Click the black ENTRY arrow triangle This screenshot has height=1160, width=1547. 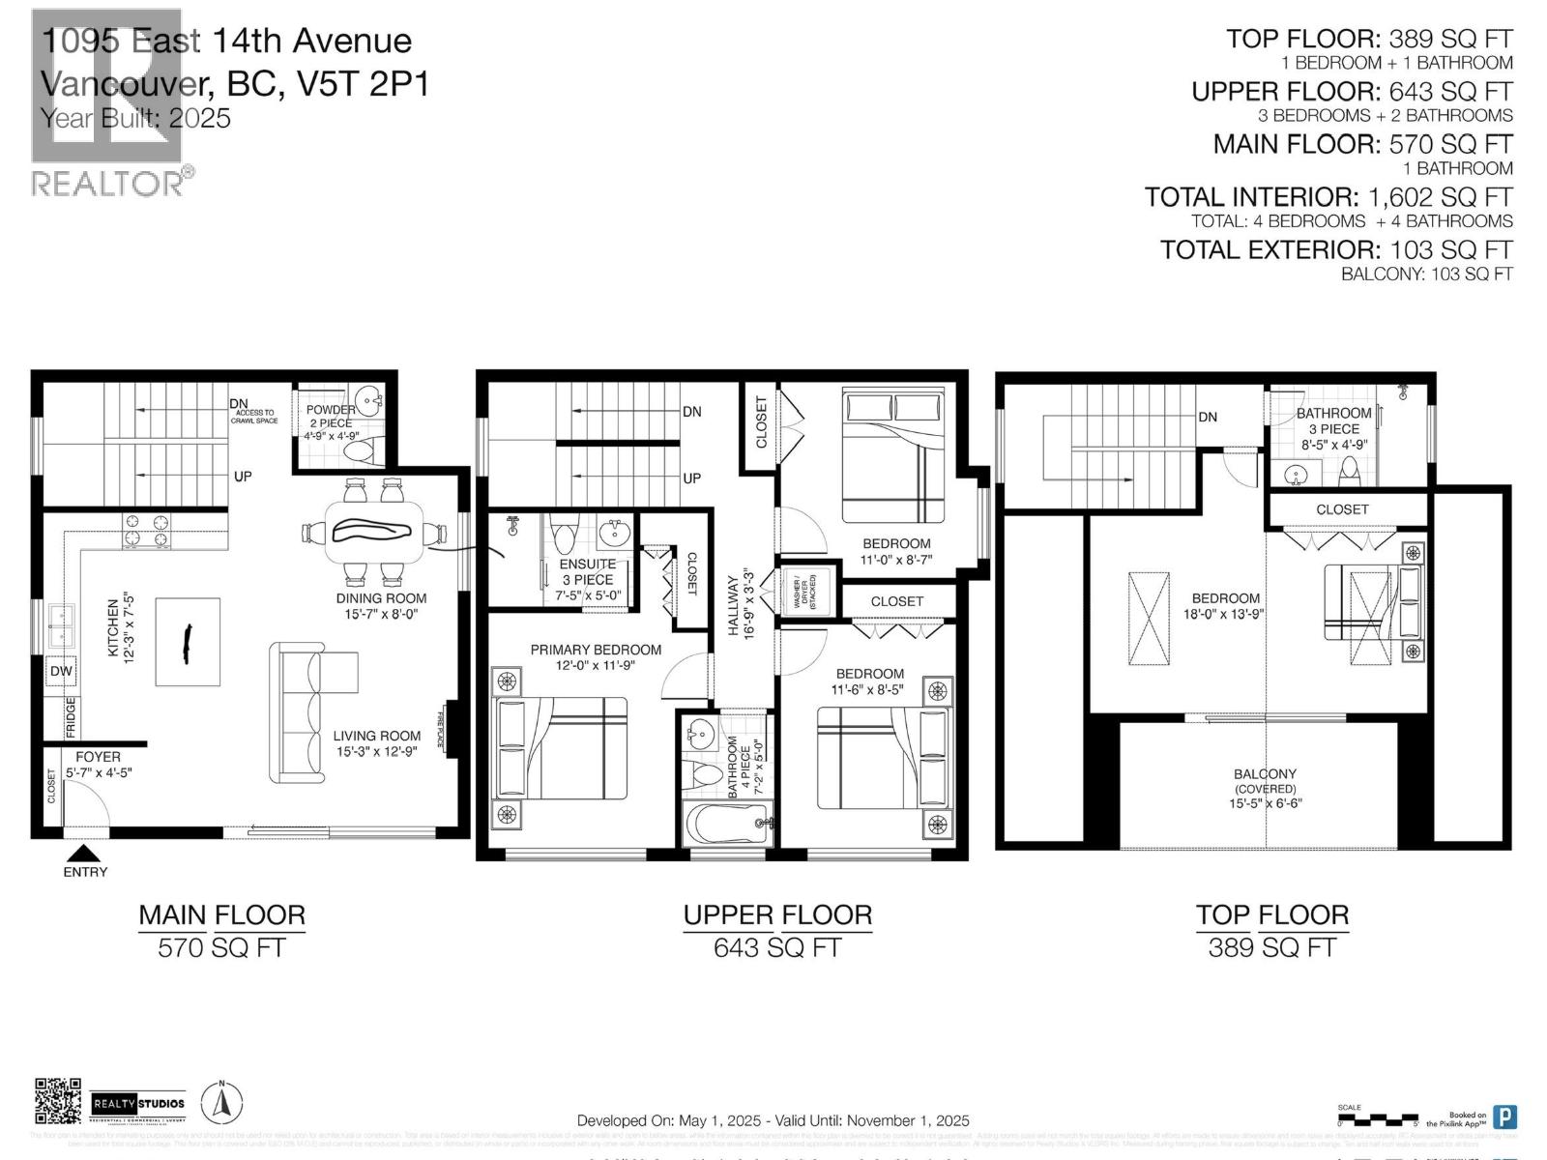pyautogui.click(x=85, y=853)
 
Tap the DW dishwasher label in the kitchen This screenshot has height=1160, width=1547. pyautogui.click(x=60, y=671)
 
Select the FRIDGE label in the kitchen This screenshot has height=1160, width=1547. pyautogui.click(x=71, y=717)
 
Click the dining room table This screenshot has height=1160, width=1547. pyautogui.click(x=372, y=531)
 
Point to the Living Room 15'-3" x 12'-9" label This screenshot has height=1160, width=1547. pyautogui.click(x=376, y=742)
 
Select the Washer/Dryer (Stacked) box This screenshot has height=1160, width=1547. pyautogui.click(x=804, y=593)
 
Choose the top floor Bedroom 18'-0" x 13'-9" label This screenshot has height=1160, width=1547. pyautogui.click(x=1225, y=606)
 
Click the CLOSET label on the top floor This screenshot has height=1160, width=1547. pyautogui.click(x=1342, y=509)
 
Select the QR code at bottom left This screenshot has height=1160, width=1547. pyautogui.click(x=58, y=1102)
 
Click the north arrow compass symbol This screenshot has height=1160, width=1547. pyautogui.click(x=221, y=1102)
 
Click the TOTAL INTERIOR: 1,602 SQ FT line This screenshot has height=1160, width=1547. pyautogui.click(x=1328, y=197)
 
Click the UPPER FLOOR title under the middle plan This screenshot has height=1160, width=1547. pyautogui.click(x=777, y=914)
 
